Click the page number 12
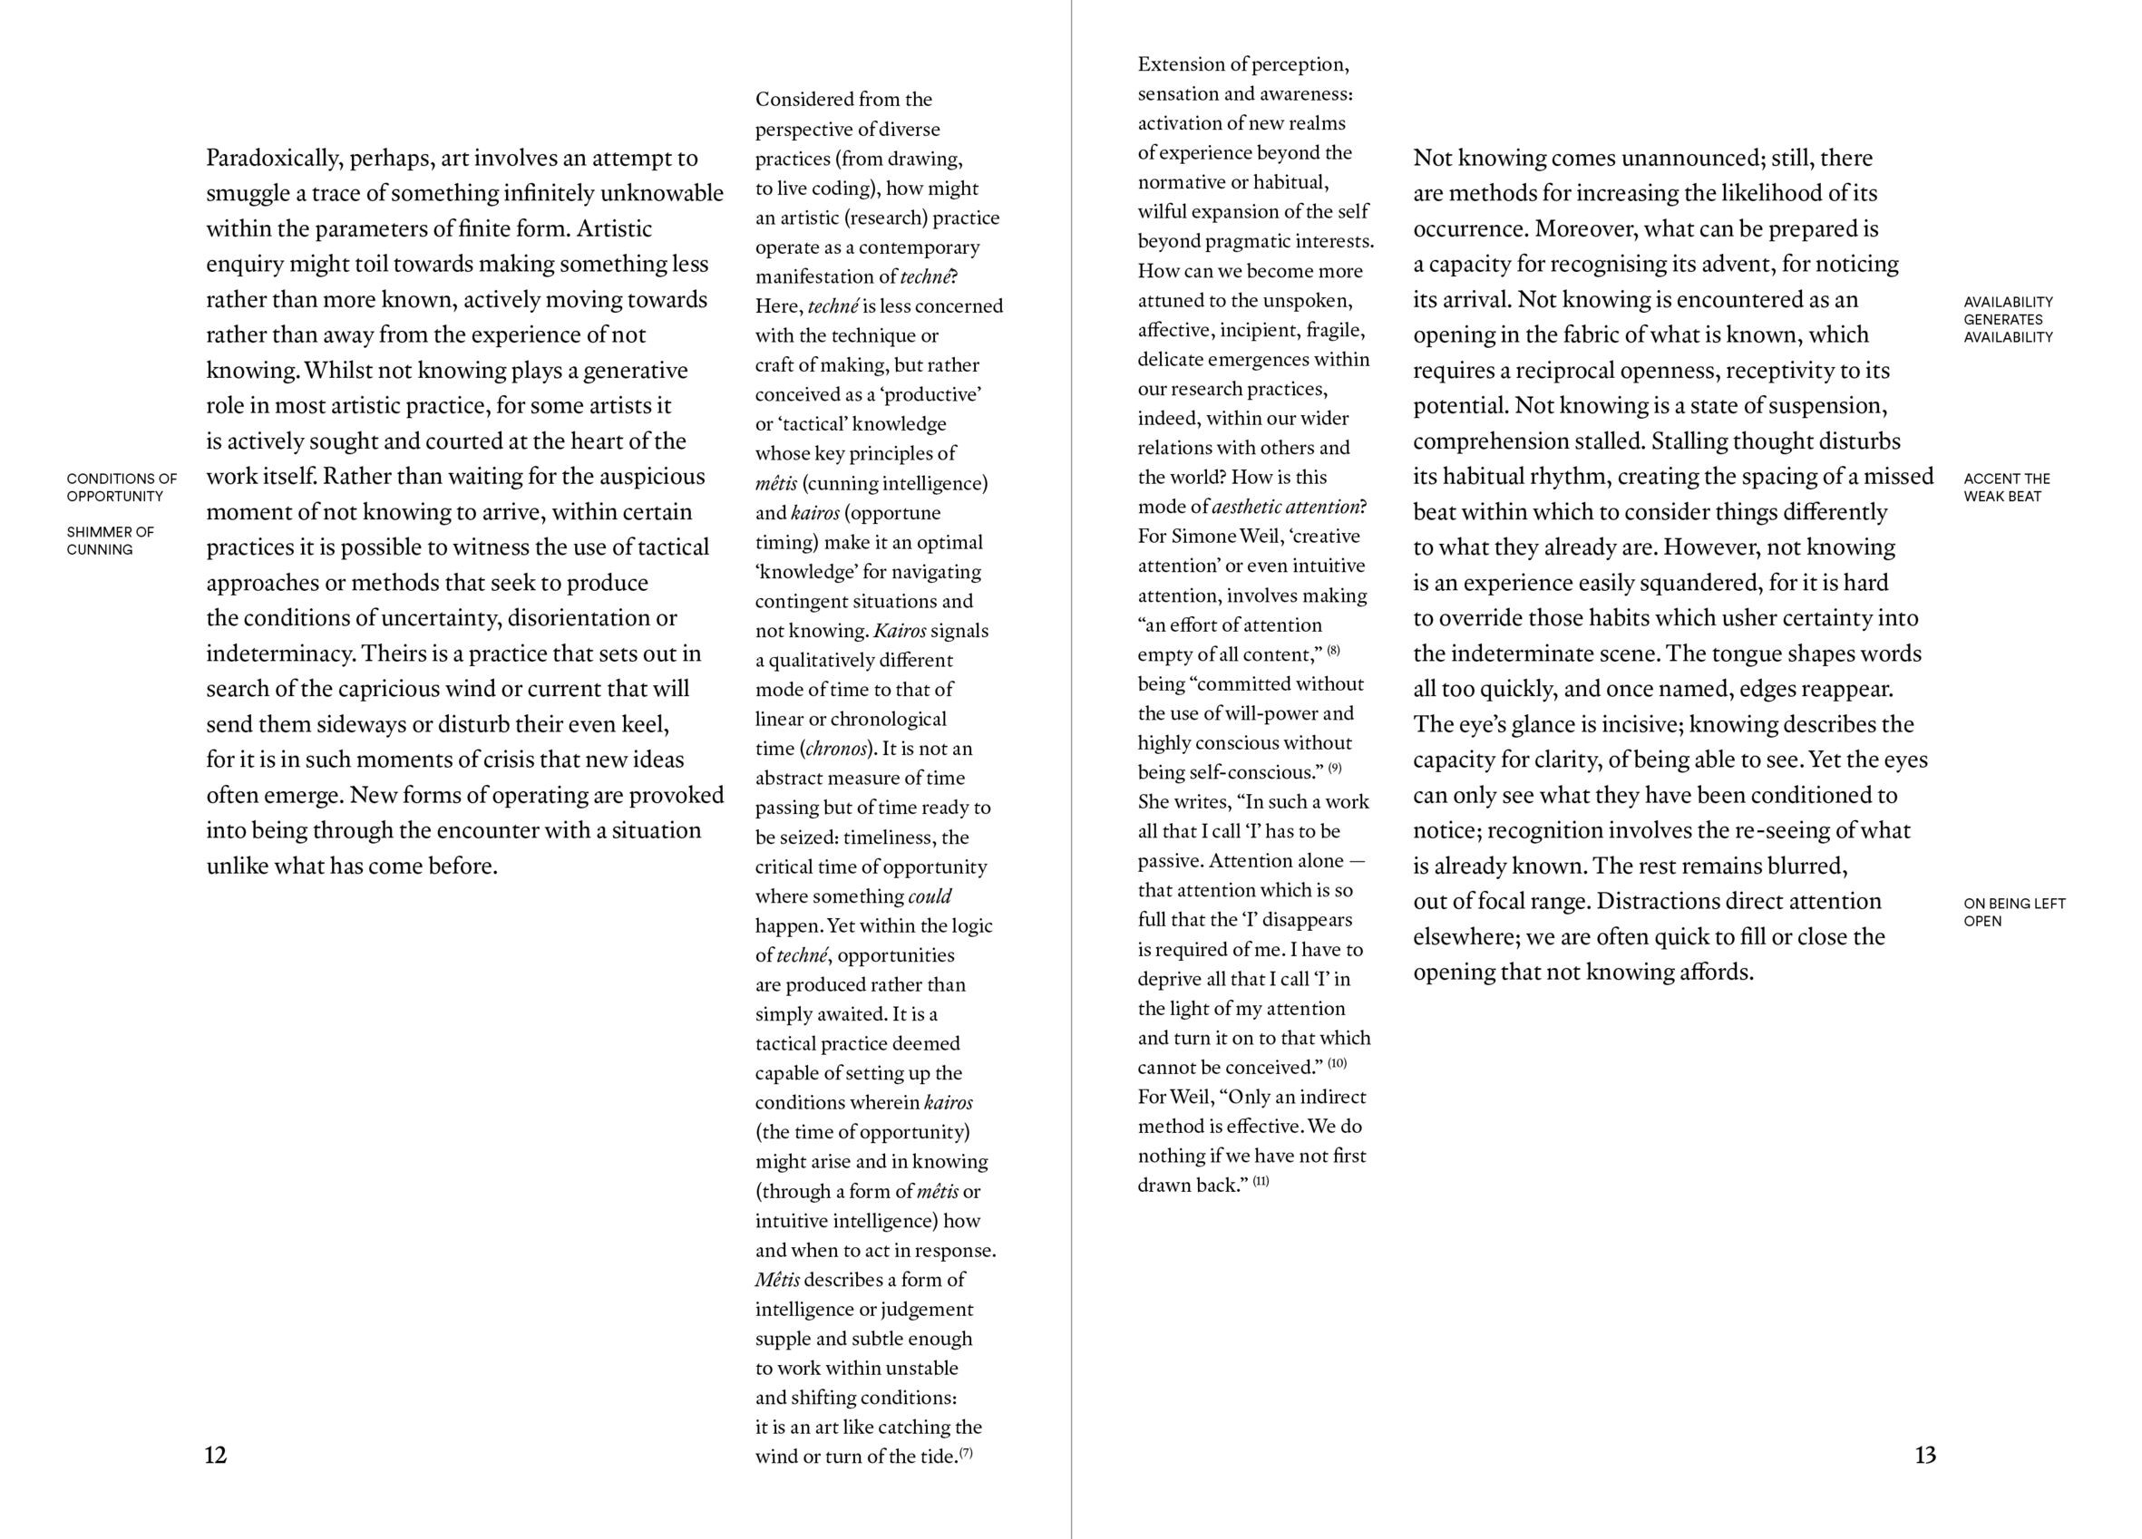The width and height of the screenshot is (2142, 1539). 215,1455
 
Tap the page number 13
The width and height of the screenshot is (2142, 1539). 1924,1455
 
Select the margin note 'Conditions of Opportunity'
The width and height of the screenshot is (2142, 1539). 122,488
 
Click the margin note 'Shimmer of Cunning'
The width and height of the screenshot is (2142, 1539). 111,540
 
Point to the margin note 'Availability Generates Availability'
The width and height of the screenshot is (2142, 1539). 2008,319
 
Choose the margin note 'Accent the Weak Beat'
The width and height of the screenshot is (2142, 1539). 2007,488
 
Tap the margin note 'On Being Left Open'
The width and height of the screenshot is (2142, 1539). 2014,912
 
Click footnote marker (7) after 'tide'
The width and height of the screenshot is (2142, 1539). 966,1453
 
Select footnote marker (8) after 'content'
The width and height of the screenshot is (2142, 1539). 1334,651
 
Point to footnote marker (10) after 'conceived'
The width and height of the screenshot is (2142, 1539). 1338,1063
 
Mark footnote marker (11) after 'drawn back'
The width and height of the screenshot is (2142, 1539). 1261,1181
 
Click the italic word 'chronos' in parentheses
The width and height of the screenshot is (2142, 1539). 836,749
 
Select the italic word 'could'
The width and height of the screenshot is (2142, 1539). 930,896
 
